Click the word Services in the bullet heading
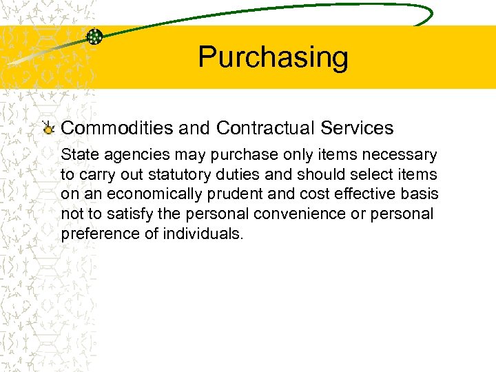pyautogui.click(x=361, y=128)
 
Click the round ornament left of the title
pyautogui.click(x=95, y=37)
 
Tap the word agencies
pyautogui.click(x=131, y=156)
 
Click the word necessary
pyautogui.click(x=402, y=156)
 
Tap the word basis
pyautogui.click(x=419, y=195)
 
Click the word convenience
pyautogui.click(x=290, y=214)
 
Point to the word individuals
pyautogui.click(x=203, y=234)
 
